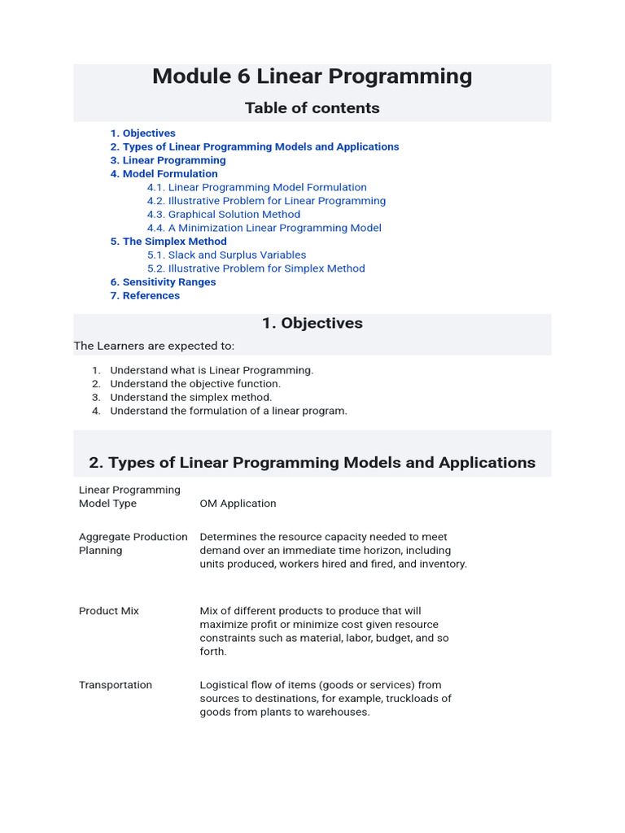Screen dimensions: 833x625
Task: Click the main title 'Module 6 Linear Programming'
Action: point(312,76)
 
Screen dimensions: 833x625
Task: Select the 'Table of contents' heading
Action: point(312,108)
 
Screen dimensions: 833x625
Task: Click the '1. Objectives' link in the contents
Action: point(142,133)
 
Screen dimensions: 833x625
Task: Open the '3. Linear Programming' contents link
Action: point(168,160)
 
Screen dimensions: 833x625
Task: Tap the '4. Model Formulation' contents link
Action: point(164,174)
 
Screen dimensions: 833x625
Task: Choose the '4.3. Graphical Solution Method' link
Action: point(223,215)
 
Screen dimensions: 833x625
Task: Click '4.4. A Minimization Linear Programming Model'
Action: point(264,228)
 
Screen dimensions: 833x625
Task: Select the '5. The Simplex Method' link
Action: point(168,242)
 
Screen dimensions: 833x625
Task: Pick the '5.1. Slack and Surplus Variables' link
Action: point(226,255)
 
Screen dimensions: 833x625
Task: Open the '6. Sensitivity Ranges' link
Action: point(163,282)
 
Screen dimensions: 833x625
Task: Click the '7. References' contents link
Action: point(145,296)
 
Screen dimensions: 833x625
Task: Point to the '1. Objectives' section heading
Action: point(312,323)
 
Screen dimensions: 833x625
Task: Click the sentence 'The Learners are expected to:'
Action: point(154,346)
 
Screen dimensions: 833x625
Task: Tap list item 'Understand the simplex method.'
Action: point(191,398)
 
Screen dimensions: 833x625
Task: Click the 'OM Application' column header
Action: point(238,504)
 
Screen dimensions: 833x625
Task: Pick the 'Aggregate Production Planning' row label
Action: point(133,543)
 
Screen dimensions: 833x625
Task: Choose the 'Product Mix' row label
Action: point(109,611)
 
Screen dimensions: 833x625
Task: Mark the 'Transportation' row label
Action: point(116,685)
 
